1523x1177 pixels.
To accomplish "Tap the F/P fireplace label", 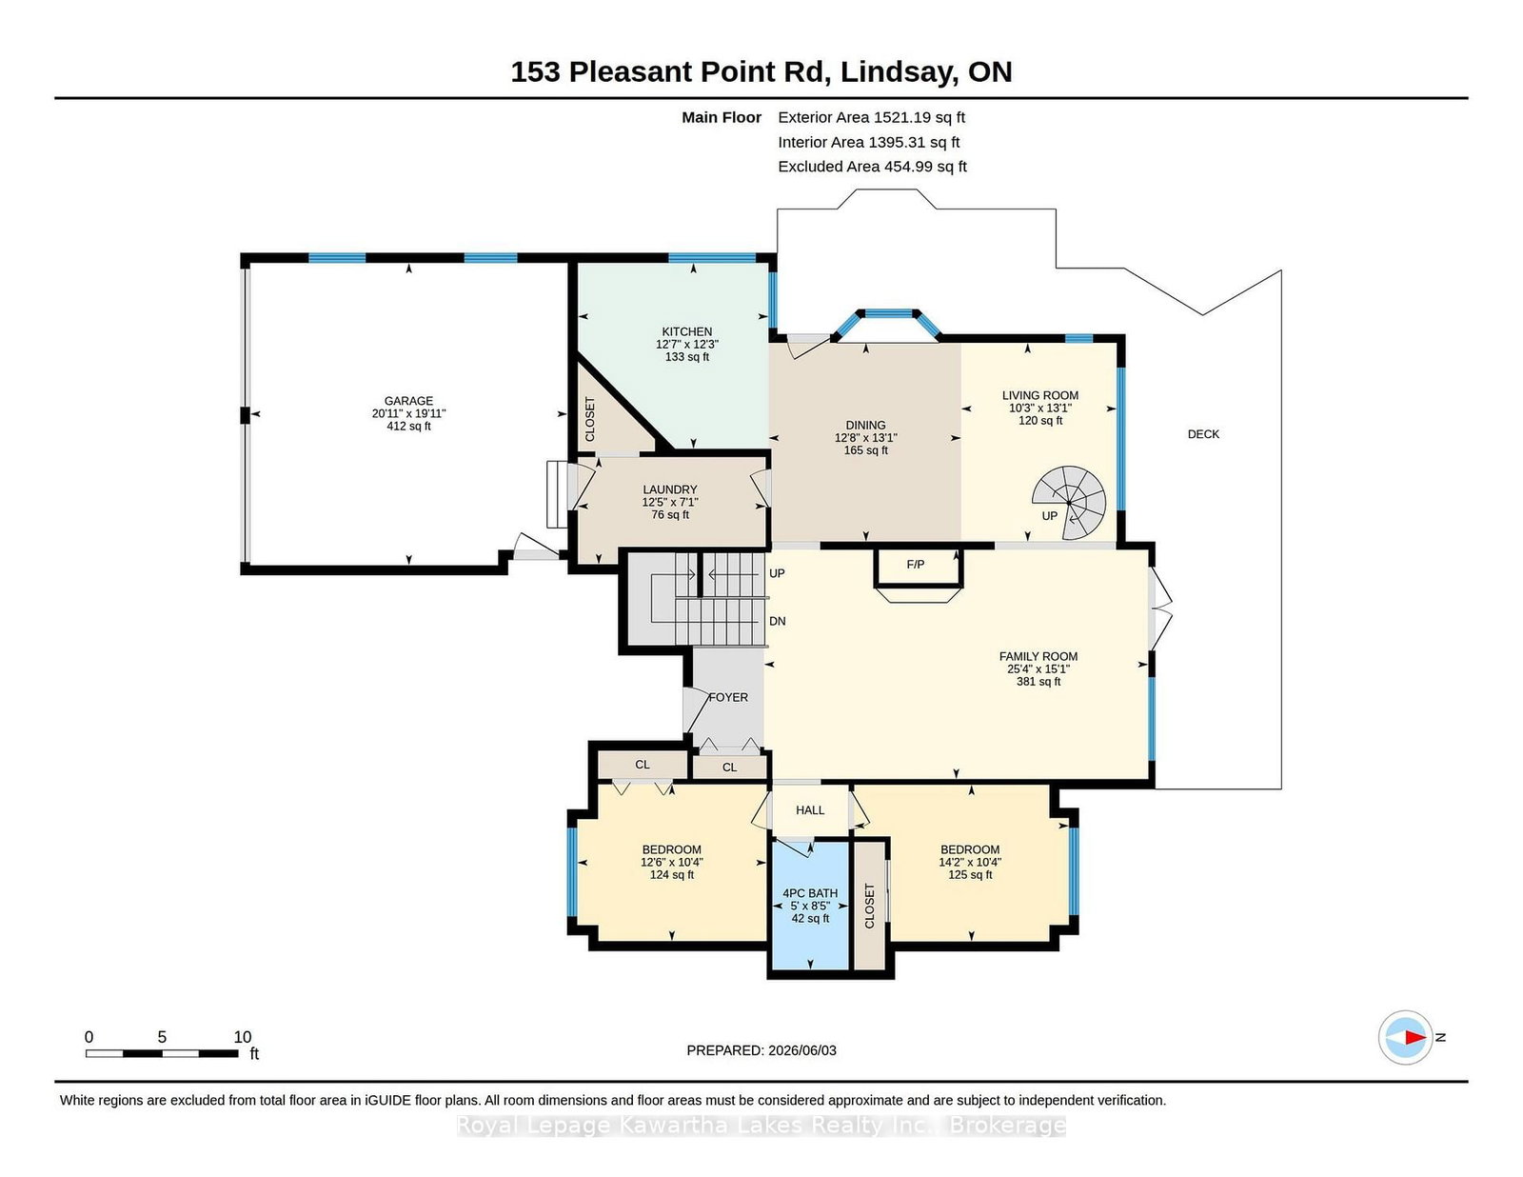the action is [x=916, y=565].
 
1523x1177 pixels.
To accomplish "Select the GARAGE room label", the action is [x=408, y=401].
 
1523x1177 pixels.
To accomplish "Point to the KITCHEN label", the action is [x=687, y=331].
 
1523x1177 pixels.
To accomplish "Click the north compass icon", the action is [x=1405, y=1038].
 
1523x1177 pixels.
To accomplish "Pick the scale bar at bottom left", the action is [x=162, y=1053].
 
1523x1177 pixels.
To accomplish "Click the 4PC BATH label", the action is [x=810, y=893].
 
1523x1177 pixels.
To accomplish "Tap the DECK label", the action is [x=1203, y=434].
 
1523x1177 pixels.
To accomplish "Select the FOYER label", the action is [x=728, y=697].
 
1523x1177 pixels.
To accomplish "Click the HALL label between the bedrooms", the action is [x=810, y=810].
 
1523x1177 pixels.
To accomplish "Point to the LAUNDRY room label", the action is [x=670, y=489].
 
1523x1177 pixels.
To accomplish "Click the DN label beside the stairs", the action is [x=778, y=621].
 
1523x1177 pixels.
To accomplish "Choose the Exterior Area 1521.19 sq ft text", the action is [x=871, y=118].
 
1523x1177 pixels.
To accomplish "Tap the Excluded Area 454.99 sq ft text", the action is [x=873, y=167].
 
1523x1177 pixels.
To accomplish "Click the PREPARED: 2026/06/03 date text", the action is [x=761, y=1050].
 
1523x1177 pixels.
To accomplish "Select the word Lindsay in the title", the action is [x=900, y=72].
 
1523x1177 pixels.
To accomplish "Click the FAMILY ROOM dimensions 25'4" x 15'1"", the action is [x=1038, y=669].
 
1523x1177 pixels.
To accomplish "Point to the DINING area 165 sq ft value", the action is [x=865, y=450].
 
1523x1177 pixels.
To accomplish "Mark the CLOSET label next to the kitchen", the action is [x=590, y=419].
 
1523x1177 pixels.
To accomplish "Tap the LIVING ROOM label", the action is [x=1040, y=395].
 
